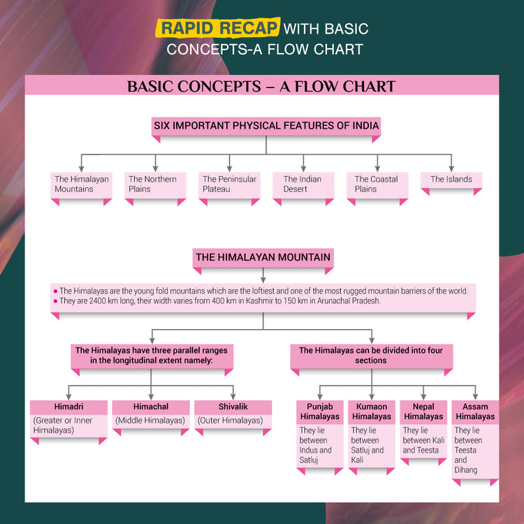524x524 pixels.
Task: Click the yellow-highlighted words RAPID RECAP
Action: pyautogui.click(x=217, y=28)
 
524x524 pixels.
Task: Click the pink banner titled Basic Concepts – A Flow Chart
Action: pyautogui.click(x=261, y=87)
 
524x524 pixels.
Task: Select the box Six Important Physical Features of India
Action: pyautogui.click(x=266, y=126)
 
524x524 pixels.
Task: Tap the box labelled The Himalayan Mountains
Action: pyautogui.click(x=82, y=184)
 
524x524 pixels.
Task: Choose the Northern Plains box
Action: pyautogui.click(x=155, y=184)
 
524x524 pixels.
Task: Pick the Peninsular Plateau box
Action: pyautogui.click(x=229, y=184)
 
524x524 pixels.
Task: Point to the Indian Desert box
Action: pyautogui.click(x=303, y=184)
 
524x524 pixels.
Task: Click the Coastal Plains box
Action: pyautogui.click(x=377, y=184)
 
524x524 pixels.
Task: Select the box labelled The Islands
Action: pyautogui.click(x=451, y=180)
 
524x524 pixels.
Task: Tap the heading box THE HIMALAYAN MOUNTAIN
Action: pyautogui.click(x=263, y=258)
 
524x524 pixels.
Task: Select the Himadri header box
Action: pyautogui.click(x=68, y=407)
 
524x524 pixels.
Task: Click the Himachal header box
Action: pyautogui.click(x=151, y=407)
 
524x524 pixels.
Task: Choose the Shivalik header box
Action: pyautogui.click(x=233, y=407)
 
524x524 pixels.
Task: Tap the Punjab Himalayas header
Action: pyautogui.click(x=320, y=412)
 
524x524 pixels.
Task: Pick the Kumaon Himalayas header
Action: pyautogui.click(x=372, y=412)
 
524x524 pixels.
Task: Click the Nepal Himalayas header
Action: pyautogui.click(x=423, y=412)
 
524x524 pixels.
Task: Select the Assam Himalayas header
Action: pyautogui.click(x=475, y=412)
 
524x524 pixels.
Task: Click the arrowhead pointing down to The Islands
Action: pyautogui.click(x=451, y=168)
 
